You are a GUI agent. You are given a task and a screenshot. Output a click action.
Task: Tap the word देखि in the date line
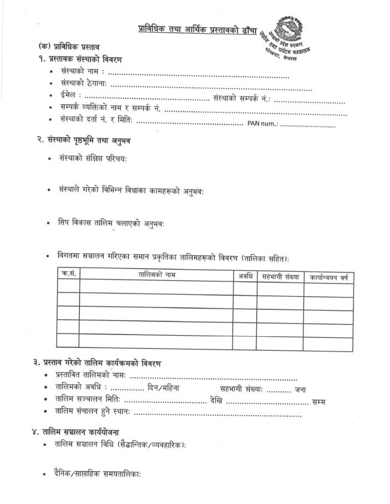point(216,401)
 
